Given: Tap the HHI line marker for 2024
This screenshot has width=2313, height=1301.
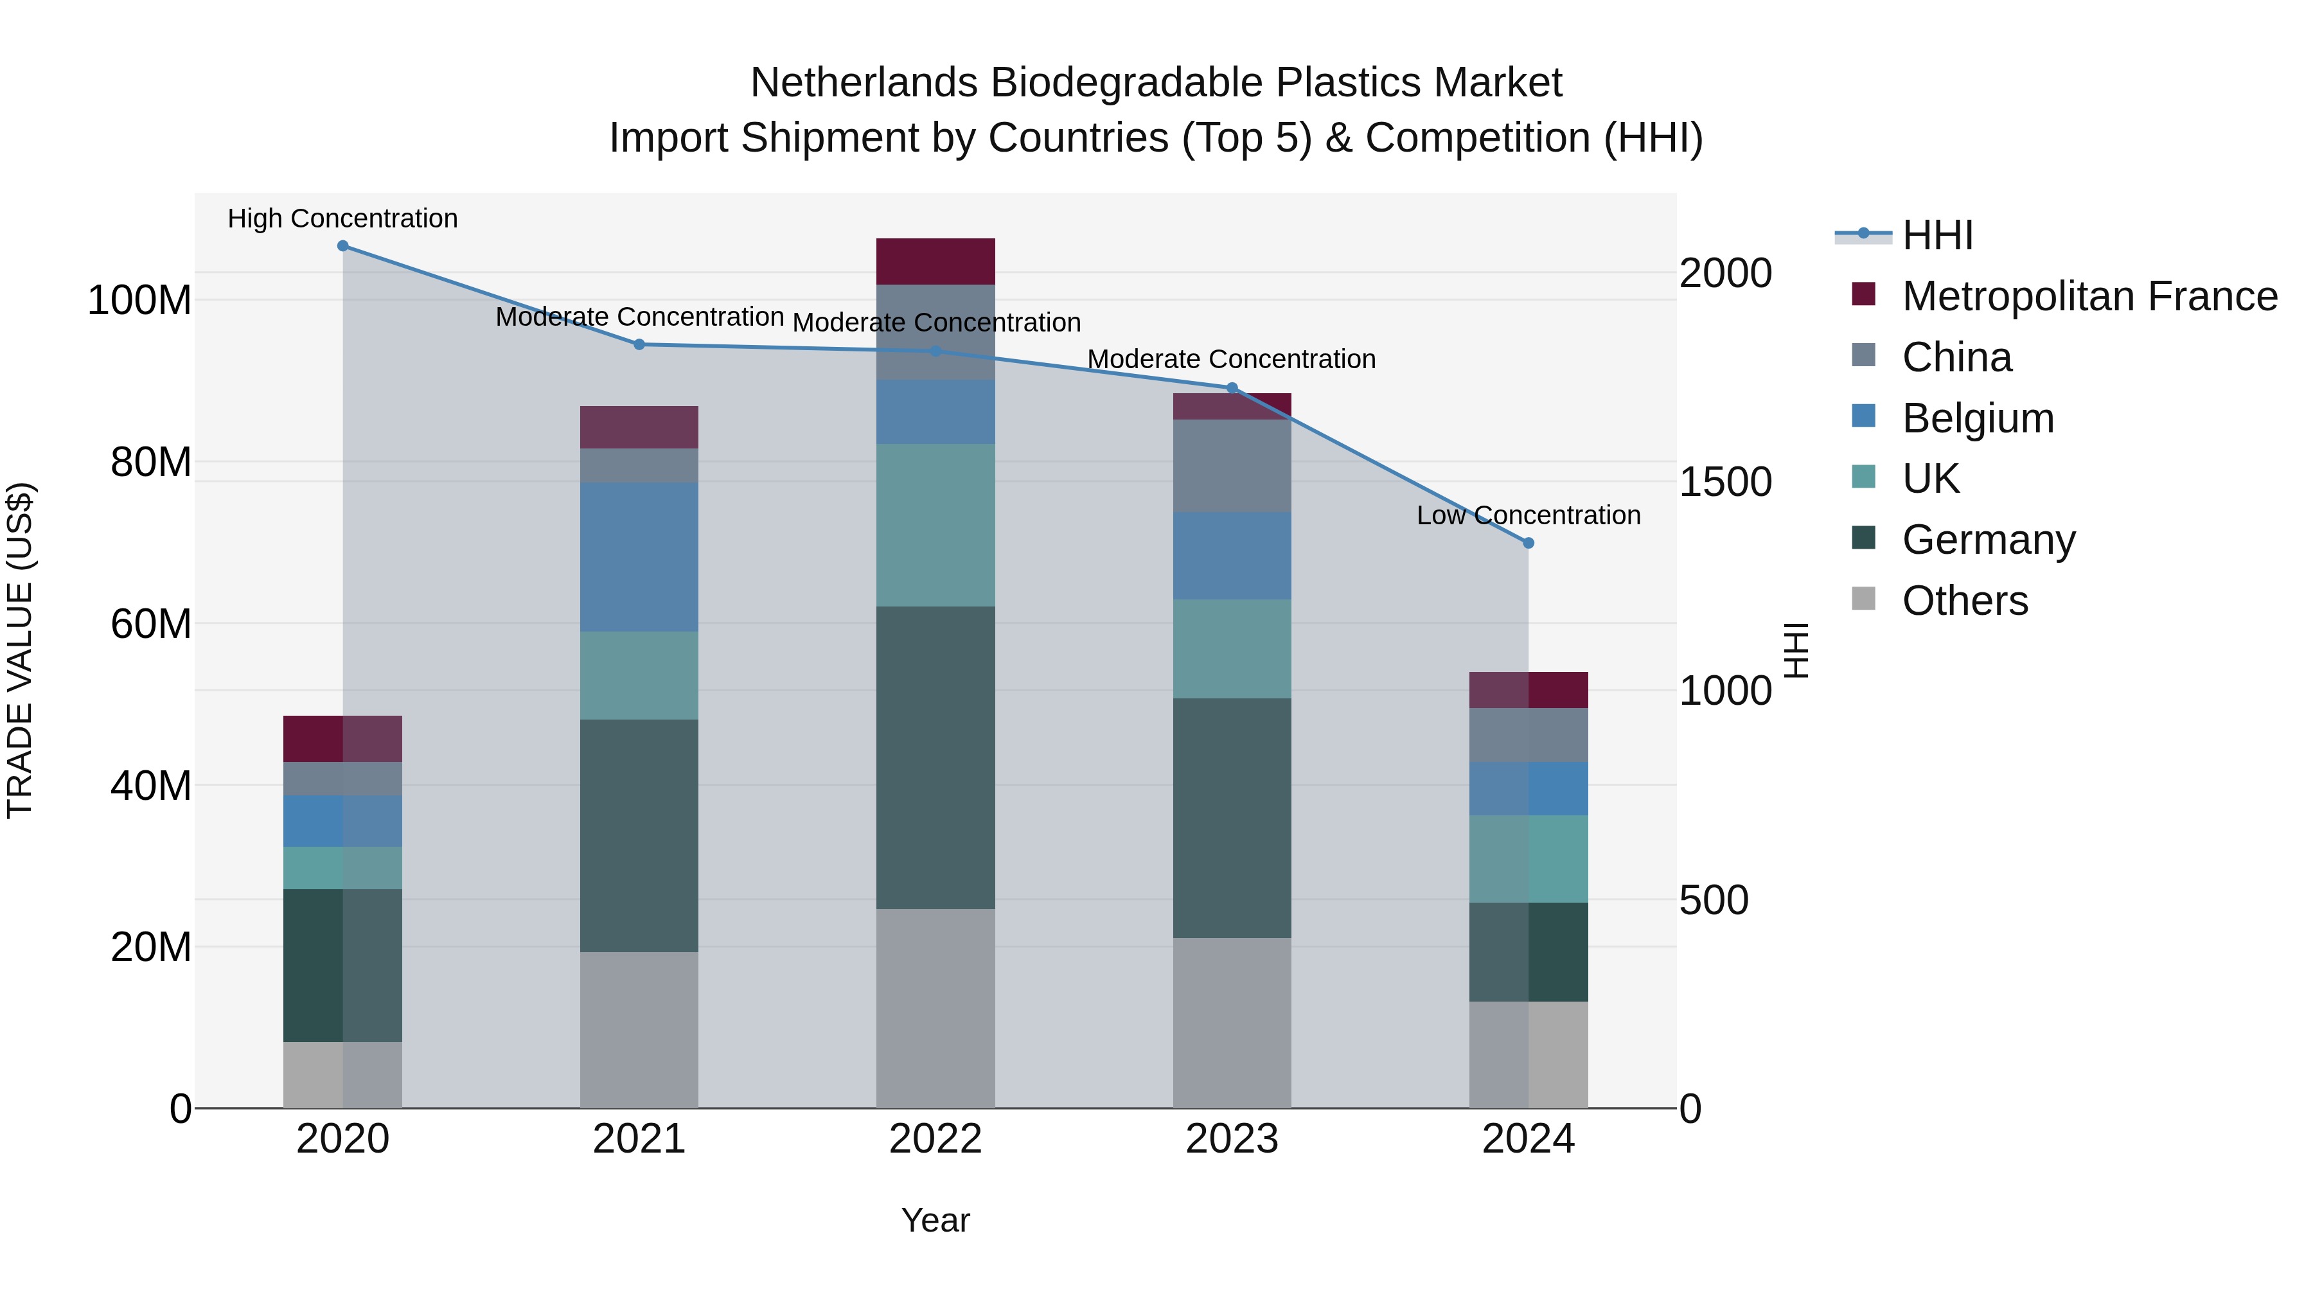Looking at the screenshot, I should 1529,543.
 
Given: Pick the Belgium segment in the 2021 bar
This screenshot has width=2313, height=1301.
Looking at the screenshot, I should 639,556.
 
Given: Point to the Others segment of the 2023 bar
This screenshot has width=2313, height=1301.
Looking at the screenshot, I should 1231,1023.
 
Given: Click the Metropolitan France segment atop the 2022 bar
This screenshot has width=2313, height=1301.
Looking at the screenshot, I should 935,261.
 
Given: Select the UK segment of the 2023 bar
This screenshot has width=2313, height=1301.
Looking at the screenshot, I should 1231,648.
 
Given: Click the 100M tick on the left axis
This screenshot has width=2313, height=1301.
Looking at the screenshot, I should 139,300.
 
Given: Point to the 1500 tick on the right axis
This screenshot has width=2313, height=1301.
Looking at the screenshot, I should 1725,482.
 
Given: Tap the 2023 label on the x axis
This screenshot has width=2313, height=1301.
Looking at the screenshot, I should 1231,1139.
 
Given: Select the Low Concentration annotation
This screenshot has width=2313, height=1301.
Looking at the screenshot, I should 1529,515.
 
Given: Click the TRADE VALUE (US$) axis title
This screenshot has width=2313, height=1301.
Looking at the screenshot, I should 20,650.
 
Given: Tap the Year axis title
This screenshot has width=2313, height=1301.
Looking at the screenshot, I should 935,1220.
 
